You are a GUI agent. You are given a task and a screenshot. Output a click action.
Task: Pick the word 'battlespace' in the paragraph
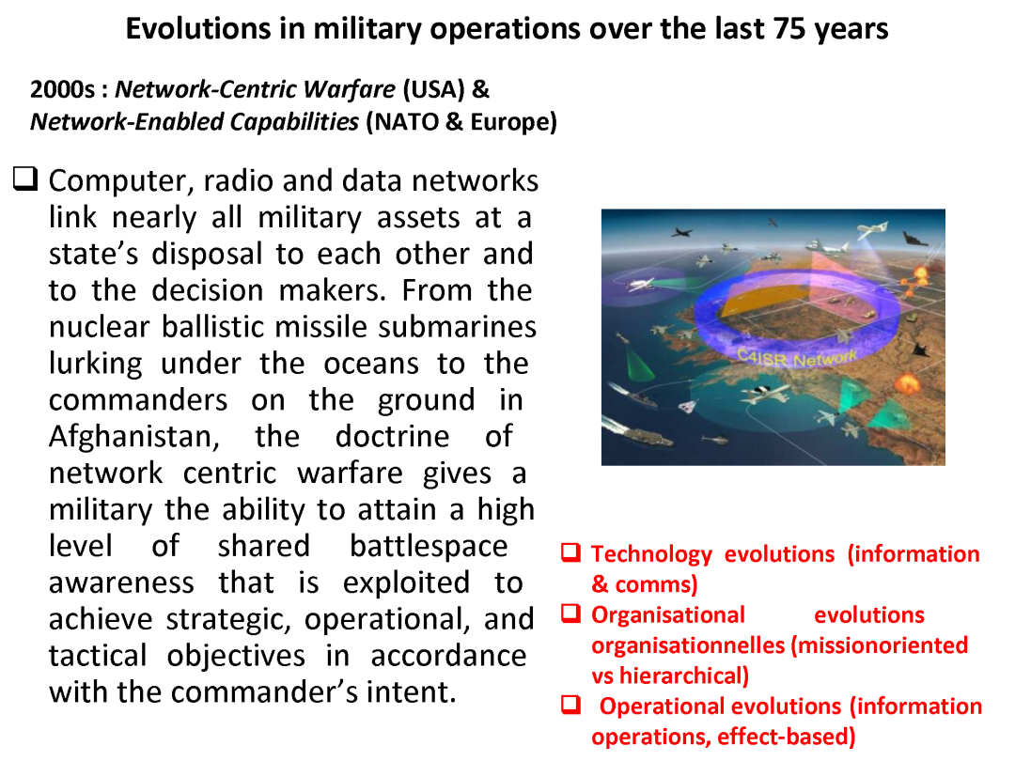[428, 546]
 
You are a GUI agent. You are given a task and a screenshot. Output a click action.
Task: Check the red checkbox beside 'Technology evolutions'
[570, 553]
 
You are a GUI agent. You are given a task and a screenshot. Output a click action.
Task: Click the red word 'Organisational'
[667, 615]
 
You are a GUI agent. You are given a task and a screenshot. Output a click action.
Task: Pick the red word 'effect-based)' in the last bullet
[786, 737]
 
